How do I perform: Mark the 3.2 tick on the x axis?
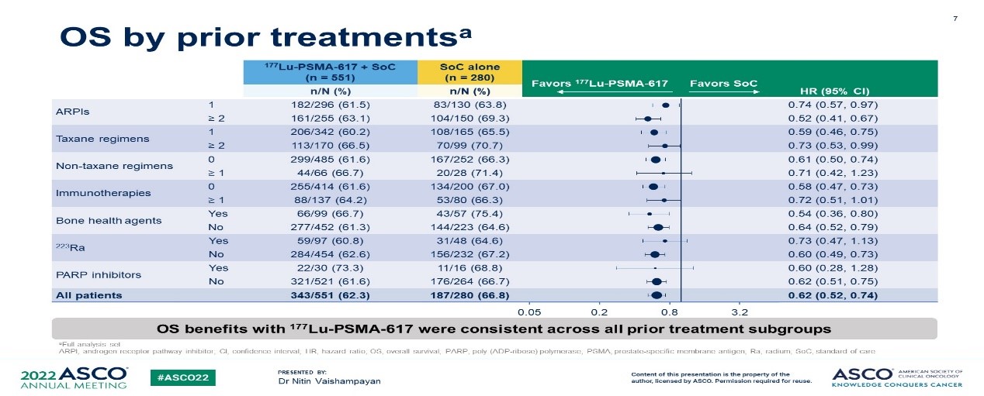(740, 312)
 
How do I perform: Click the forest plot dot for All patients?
(657, 295)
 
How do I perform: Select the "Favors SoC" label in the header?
(722, 83)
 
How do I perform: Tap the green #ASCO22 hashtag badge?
(182, 377)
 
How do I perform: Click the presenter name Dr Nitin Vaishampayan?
(328, 381)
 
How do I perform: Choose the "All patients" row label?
(89, 295)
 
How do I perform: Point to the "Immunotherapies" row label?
(92, 193)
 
